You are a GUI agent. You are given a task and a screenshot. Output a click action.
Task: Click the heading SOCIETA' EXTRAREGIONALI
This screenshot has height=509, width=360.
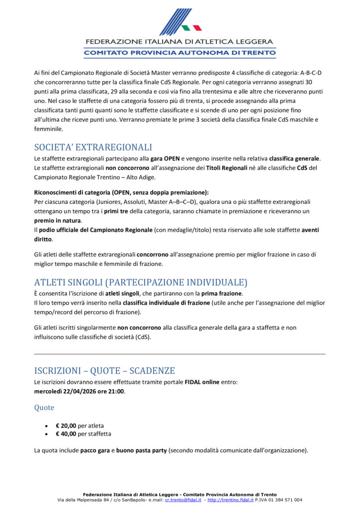(x=93, y=147)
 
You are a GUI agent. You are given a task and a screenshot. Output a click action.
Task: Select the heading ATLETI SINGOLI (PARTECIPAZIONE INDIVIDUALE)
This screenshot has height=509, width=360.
(x=141, y=282)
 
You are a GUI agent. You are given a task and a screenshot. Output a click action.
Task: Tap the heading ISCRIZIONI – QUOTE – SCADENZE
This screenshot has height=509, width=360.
(x=104, y=370)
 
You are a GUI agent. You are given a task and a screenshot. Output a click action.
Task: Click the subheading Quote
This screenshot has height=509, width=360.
(x=44, y=408)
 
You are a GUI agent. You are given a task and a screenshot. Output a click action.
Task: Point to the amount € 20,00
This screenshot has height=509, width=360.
(x=66, y=425)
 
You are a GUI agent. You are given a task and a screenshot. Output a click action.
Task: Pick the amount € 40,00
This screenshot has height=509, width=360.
(x=66, y=433)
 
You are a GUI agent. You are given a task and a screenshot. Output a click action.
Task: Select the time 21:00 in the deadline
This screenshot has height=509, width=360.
(x=116, y=391)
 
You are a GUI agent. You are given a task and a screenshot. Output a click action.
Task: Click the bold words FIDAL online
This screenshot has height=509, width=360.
(x=202, y=382)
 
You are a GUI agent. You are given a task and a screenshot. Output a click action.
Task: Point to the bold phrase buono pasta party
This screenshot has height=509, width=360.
(x=142, y=451)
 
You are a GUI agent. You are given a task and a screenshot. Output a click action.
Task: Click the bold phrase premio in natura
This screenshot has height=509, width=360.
(x=58, y=220)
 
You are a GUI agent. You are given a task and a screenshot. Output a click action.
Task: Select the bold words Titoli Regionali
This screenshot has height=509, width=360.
(x=226, y=168)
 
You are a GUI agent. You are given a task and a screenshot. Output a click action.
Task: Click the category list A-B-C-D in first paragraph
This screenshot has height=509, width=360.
(x=314, y=73)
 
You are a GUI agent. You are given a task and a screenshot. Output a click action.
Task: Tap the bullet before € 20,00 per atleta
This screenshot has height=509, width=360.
(x=46, y=426)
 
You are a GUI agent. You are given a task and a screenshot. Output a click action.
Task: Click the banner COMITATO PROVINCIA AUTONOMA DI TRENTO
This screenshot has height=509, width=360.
(x=180, y=52)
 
